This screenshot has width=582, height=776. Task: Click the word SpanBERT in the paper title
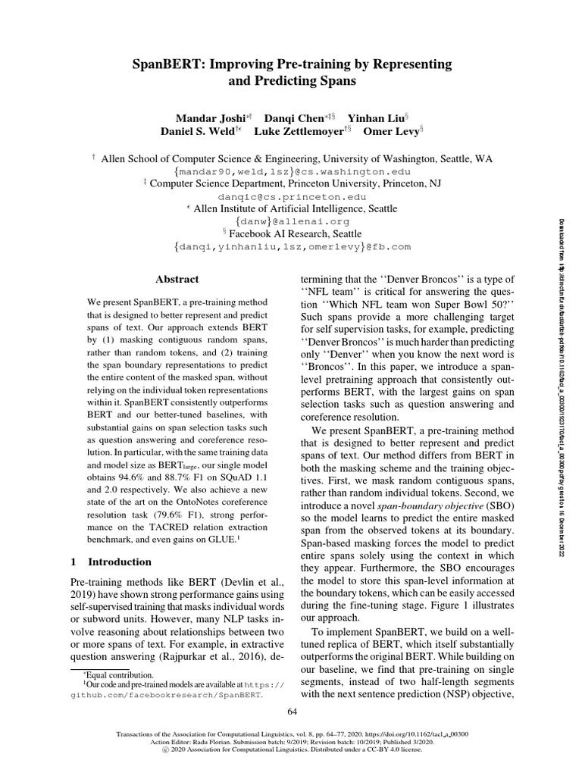[x=163, y=63]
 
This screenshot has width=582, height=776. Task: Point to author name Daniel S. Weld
[x=198, y=131]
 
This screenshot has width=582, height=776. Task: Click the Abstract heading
[x=177, y=280]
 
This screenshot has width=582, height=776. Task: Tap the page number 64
[x=292, y=710]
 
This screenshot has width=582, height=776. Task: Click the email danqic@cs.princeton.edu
[x=291, y=196]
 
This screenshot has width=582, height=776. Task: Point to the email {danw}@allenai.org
[x=291, y=221]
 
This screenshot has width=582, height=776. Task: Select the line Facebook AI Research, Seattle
[x=295, y=234]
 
